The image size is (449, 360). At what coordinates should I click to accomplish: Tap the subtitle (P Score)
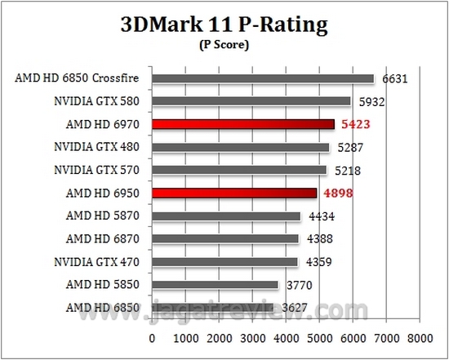click(x=224, y=46)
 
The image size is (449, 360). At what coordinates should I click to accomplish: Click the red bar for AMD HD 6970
click(x=243, y=125)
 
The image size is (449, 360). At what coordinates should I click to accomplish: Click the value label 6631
click(x=391, y=79)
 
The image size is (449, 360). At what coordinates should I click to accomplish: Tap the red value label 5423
click(x=353, y=125)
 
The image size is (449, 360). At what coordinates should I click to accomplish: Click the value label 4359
click(x=315, y=262)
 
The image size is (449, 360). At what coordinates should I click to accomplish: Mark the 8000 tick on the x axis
click(x=420, y=336)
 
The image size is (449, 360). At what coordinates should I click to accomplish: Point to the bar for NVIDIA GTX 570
click(x=239, y=171)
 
